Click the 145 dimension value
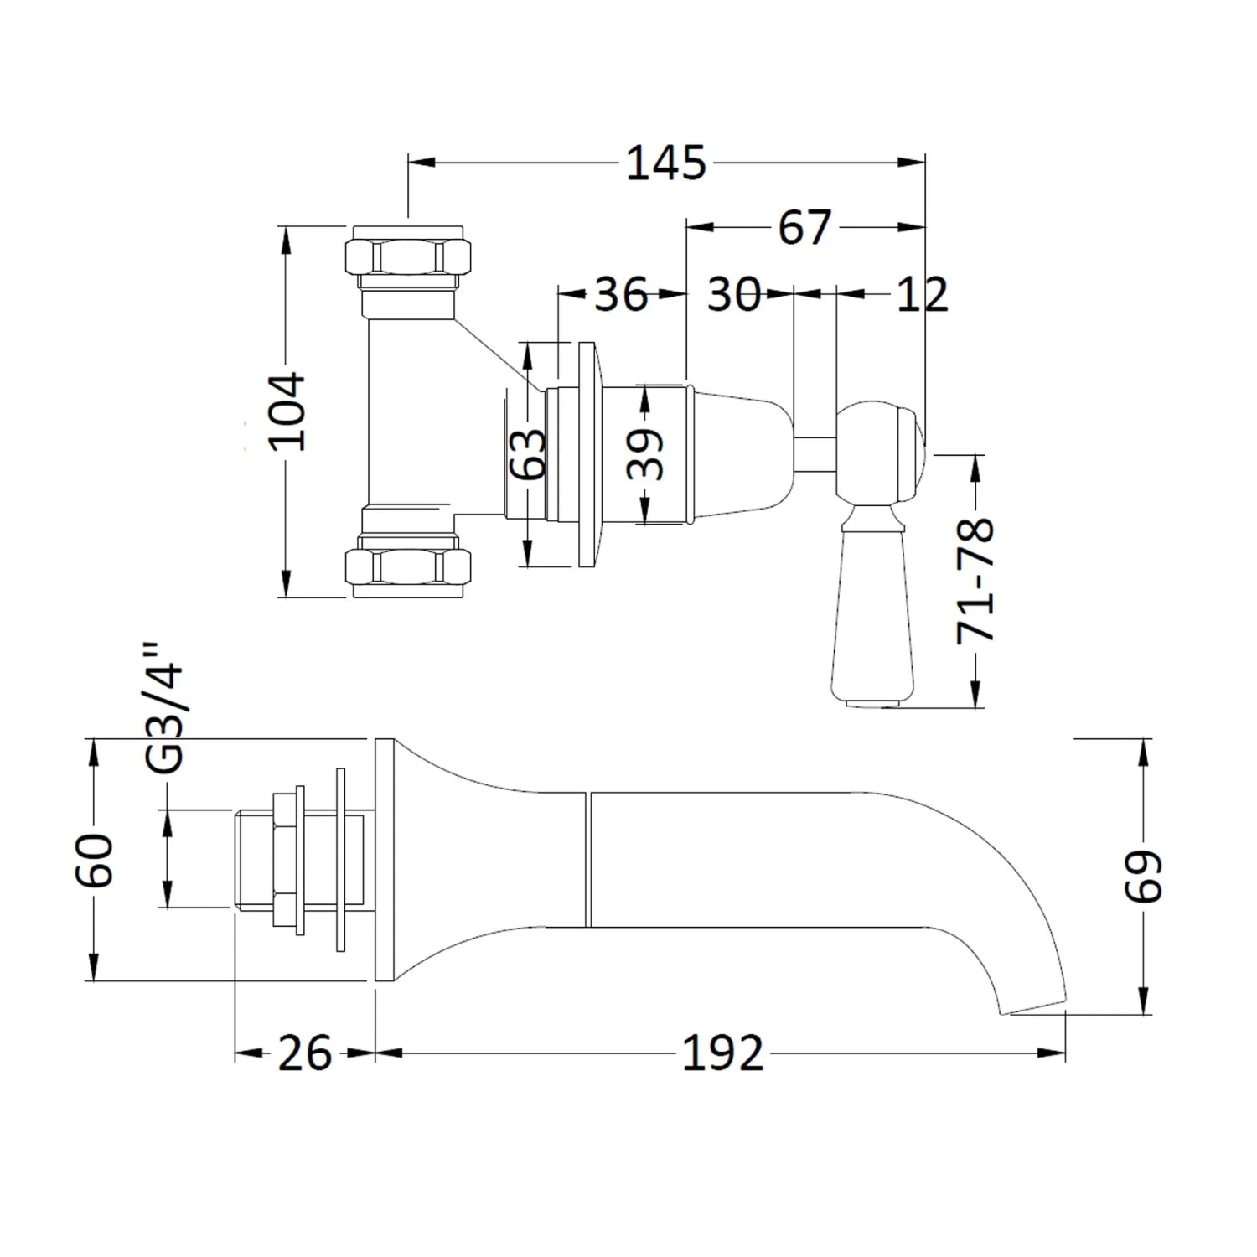pyautogui.click(x=666, y=163)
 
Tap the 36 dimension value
pyautogui.click(x=621, y=294)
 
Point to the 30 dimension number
pyautogui.click(x=734, y=294)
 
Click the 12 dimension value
pyautogui.click(x=922, y=294)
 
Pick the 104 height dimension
pyautogui.click(x=287, y=411)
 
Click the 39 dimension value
pyautogui.click(x=645, y=454)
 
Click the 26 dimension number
pyautogui.click(x=304, y=1053)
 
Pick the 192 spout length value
pyautogui.click(x=722, y=1053)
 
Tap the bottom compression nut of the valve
pyautogui.click(x=407, y=567)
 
